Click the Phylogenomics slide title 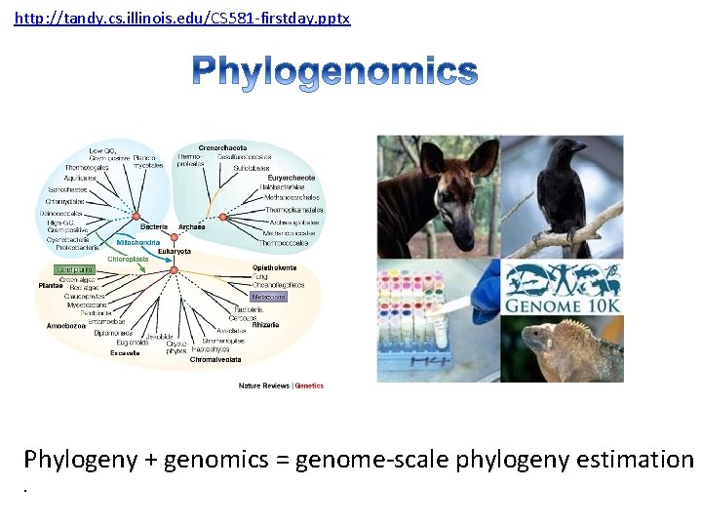click(x=334, y=72)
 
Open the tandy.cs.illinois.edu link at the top click(x=182, y=19)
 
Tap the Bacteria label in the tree click(x=153, y=226)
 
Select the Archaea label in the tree click(x=192, y=226)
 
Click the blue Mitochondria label click(x=137, y=241)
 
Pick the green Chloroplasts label click(x=128, y=259)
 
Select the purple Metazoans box click(x=269, y=296)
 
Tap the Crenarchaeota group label click(x=222, y=147)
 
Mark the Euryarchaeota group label click(x=292, y=178)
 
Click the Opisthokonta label click(x=276, y=266)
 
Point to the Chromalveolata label click(x=216, y=359)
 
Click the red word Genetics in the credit click(x=309, y=385)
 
